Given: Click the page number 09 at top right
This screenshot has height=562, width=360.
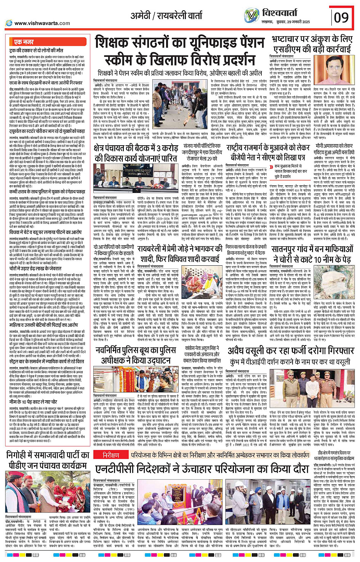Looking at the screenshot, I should click(341, 18).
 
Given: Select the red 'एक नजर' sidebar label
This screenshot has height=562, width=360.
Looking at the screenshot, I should click(24, 42).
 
